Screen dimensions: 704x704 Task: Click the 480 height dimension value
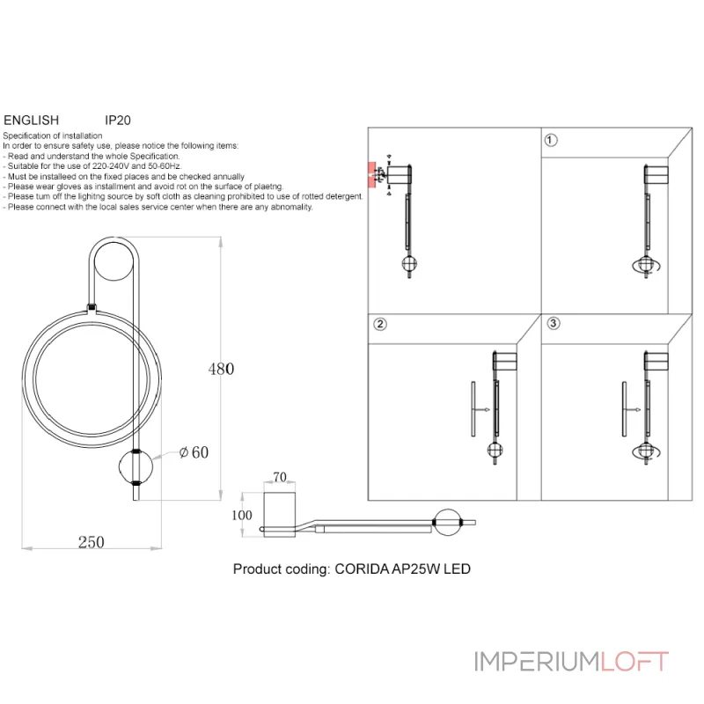coord(221,369)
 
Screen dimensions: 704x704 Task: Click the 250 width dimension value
coord(92,542)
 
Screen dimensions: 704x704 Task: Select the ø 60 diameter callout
coord(194,452)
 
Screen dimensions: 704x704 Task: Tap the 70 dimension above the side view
coord(280,477)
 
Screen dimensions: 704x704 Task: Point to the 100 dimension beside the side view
coord(241,515)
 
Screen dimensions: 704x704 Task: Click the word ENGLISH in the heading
coord(32,121)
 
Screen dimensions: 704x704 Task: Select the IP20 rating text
coord(118,121)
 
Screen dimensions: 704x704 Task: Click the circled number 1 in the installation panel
coord(551,141)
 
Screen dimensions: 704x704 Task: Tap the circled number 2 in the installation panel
coord(380,324)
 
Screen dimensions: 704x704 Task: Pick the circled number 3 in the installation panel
coord(554,323)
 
